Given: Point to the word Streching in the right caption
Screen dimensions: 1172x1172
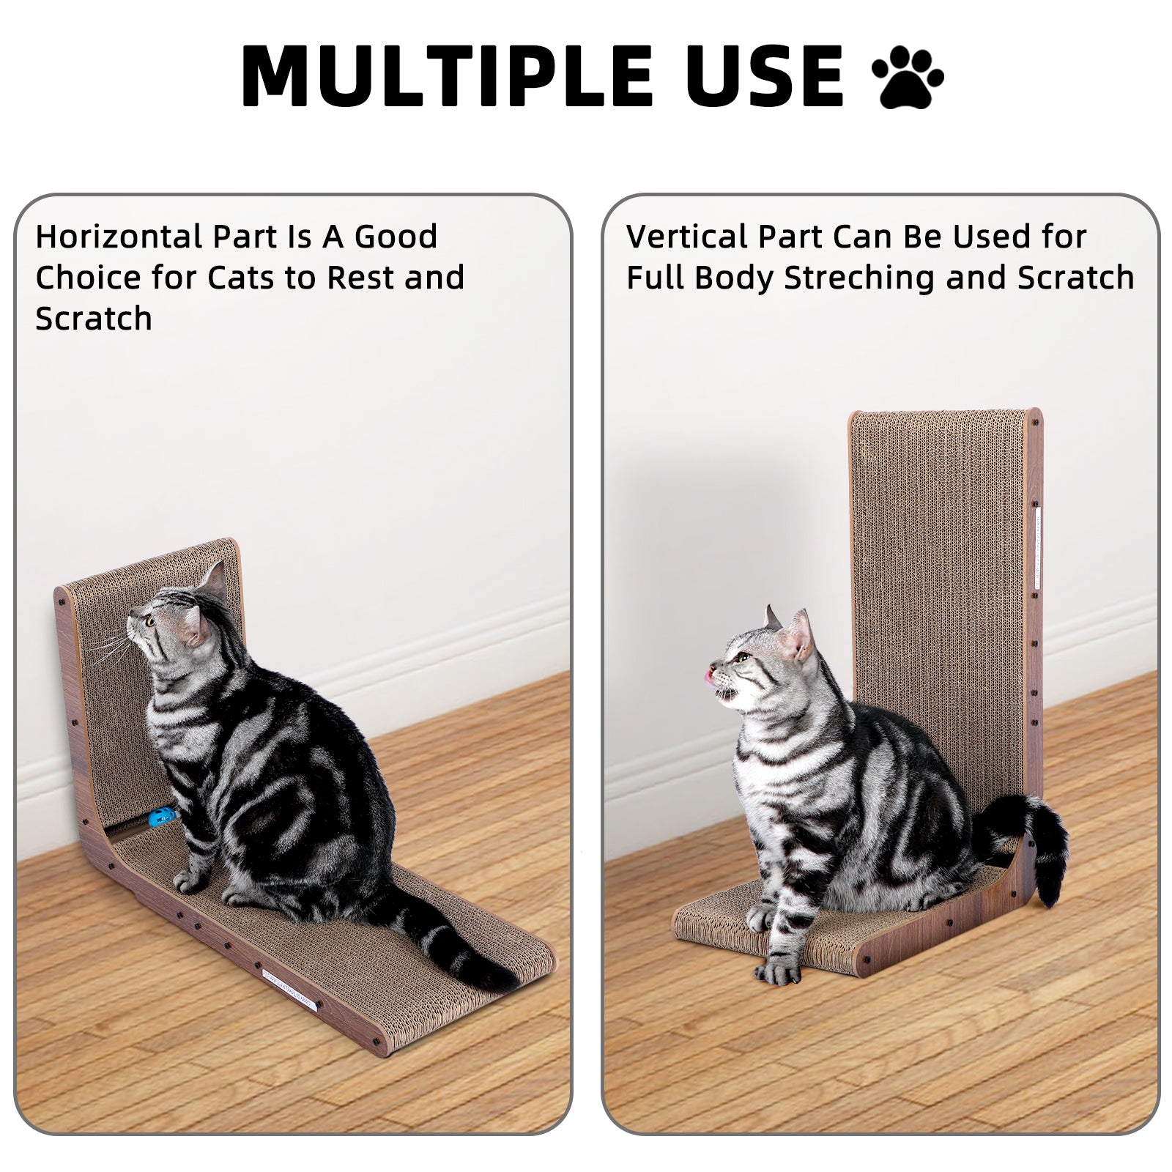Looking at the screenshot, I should click(x=860, y=278).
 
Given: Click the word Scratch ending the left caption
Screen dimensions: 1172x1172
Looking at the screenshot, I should click(x=94, y=319).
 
